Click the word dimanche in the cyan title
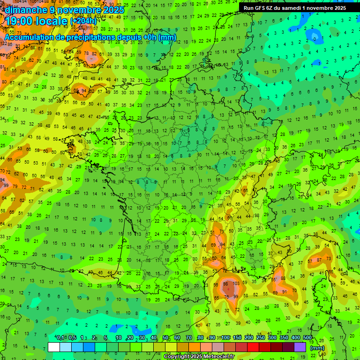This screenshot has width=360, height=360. point(26,10)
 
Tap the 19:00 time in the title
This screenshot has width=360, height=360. point(23,21)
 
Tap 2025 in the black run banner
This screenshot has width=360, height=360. point(337,8)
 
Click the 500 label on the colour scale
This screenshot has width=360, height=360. point(307,338)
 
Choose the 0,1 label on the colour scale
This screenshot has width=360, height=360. point(60,338)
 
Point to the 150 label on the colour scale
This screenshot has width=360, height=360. point(237,338)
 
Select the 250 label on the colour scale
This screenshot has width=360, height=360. point(261,338)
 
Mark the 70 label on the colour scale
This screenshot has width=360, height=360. point(189,338)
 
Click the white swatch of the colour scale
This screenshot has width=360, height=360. point(54,347)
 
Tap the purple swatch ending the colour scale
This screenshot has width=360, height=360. point(300,347)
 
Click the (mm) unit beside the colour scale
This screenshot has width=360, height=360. point(318,348)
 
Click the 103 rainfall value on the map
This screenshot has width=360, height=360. point(236,284)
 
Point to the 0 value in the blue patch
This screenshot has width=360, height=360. point(315,37)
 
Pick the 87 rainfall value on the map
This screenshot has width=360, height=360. point(319,260)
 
